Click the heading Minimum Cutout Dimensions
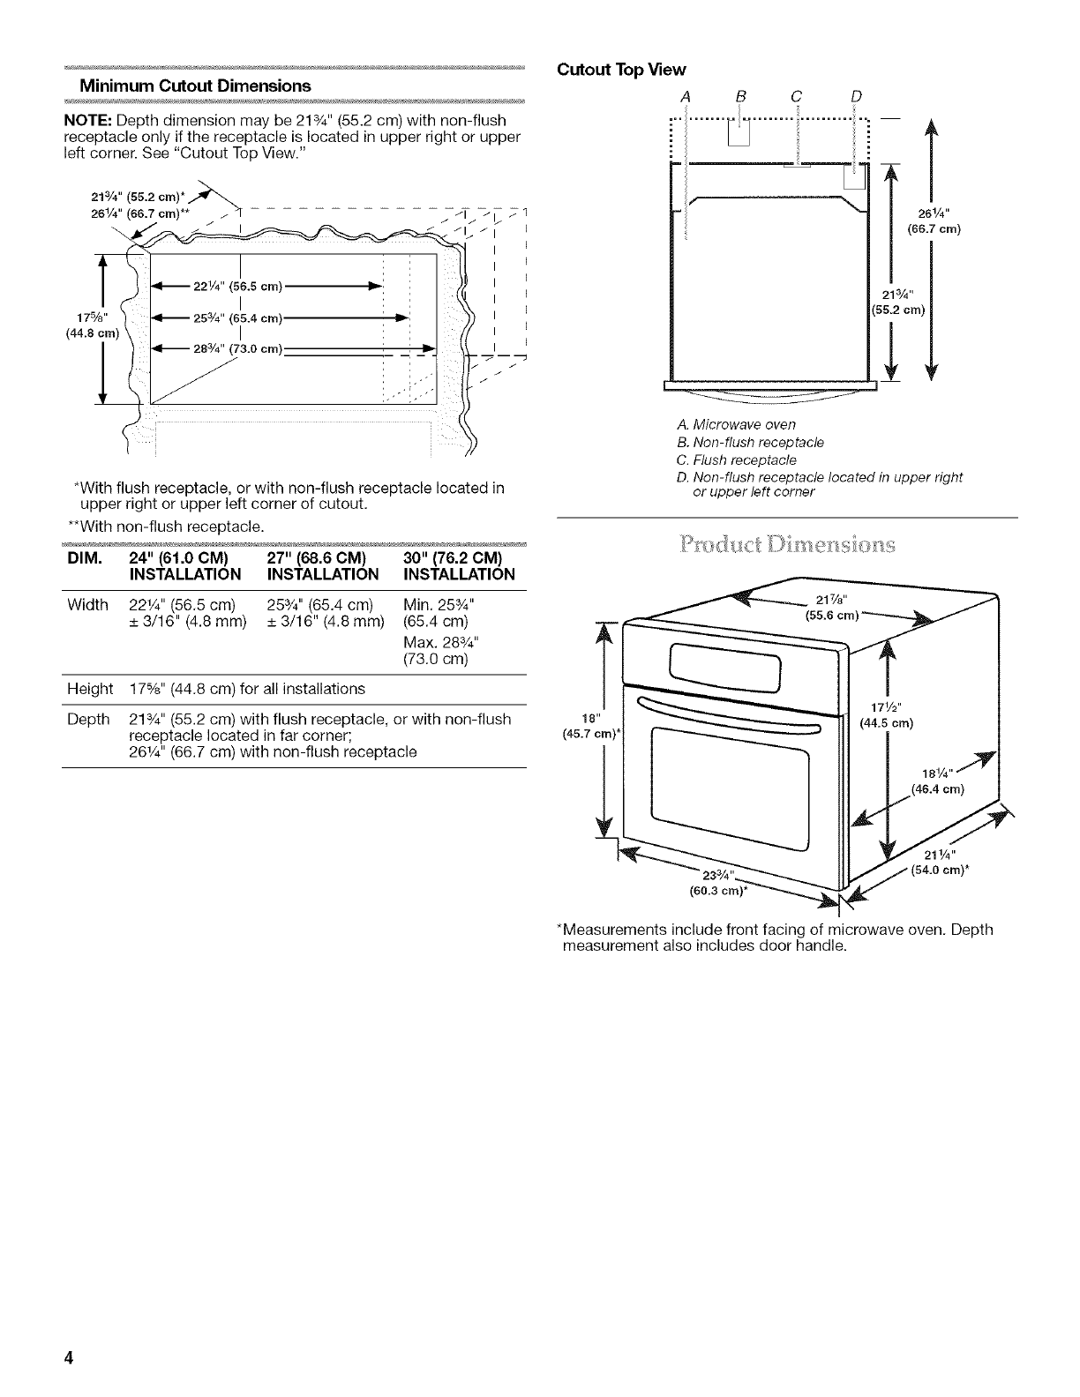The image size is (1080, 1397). [x=195, y=86]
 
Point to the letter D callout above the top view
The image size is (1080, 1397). [x=855, y=96]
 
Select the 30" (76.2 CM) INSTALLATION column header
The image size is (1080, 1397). [x=458, y=567]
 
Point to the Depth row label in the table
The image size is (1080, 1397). [x=88, y=720]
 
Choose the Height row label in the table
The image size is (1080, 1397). [x=90, y=689]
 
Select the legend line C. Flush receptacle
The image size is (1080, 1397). [x=732, y=459]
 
